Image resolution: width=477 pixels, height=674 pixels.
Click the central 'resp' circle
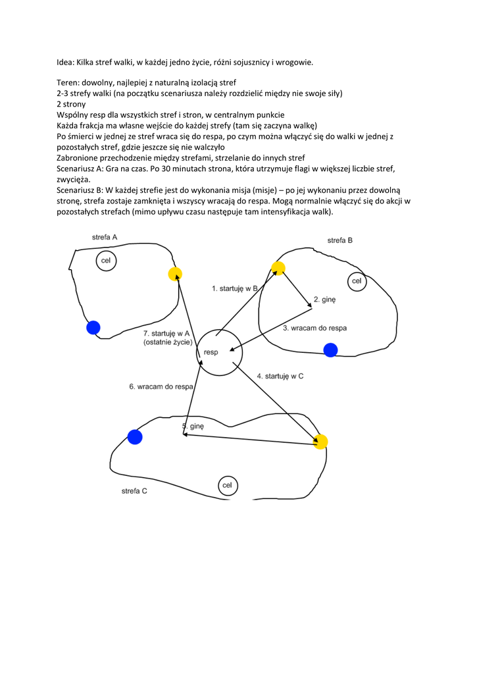click(x=220, y=352)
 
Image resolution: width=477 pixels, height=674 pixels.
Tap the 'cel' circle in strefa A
click(x=105, y=261)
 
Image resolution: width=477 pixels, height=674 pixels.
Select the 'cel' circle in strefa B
click(x=357, y=281)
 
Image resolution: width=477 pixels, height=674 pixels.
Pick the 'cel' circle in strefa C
click(x=228, y=486)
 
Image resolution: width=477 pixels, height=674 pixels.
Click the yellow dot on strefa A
click(x=174, y=274)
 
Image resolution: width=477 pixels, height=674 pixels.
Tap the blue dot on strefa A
click(x=93, y=327)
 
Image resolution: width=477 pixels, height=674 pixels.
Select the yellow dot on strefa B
click(x=278, y=268)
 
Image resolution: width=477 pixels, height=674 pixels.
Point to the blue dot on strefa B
click(x=330, y=350)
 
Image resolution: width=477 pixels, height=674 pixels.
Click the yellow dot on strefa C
click(x=320, y=442)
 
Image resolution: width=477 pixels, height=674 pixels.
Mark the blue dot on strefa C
click(x=135, y=436)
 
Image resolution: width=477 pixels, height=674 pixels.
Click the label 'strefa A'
click(x=105, y=236)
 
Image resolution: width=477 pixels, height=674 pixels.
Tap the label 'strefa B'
click(x=340, y=240)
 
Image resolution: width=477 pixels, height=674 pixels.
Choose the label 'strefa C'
click(x=134, y=491)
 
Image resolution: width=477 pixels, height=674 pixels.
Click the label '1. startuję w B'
click(x=234, y=288)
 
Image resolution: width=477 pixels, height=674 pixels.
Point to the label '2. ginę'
click(x=324, y=299)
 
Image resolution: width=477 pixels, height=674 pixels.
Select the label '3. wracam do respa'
click(x=314, y=328)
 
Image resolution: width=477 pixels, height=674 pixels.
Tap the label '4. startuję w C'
click(x=280, y=376)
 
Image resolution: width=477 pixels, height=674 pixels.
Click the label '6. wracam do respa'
click(x=161, y=386)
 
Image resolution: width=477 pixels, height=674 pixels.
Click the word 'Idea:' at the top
click(x=66, y=63)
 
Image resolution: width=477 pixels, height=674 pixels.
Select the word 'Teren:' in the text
click(x=69, y=82)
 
